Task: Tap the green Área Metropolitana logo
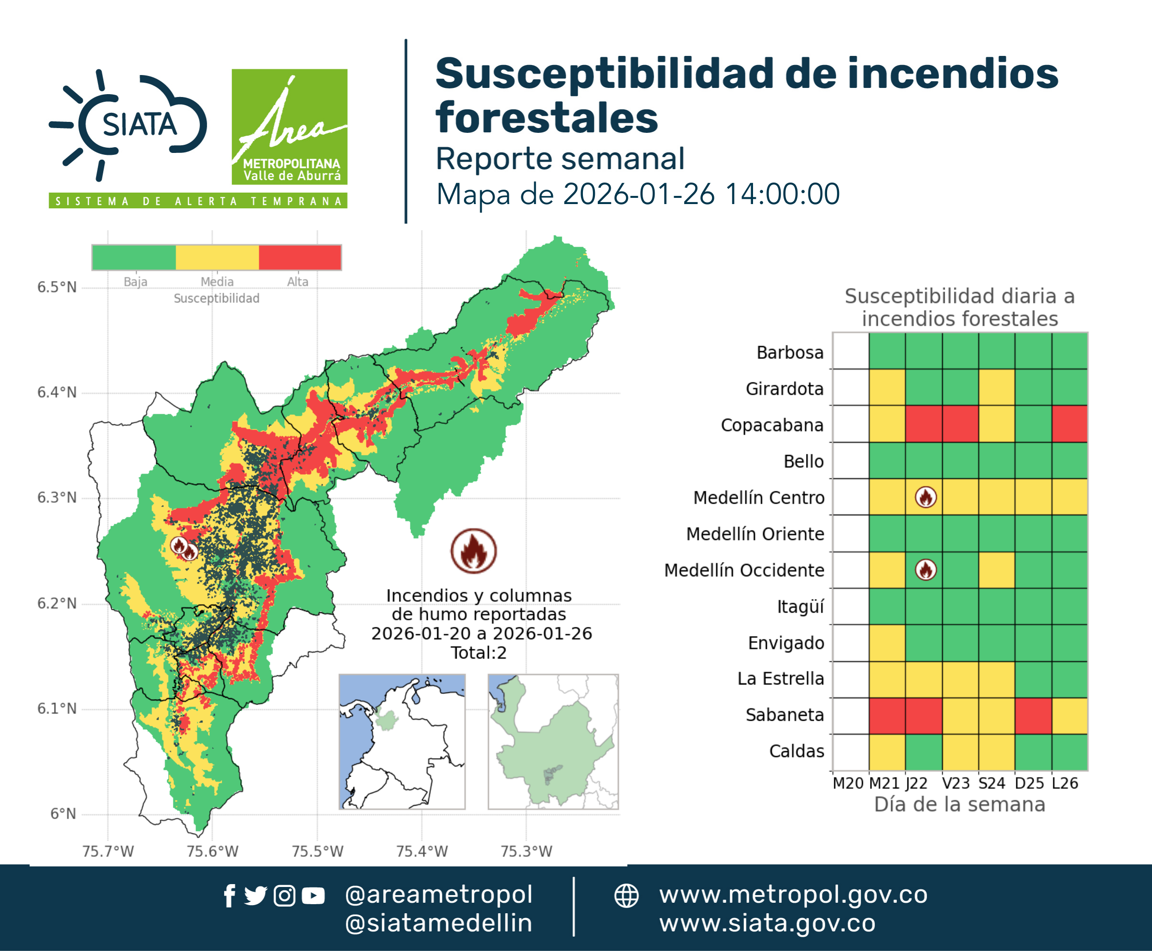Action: click(x=289, y=127)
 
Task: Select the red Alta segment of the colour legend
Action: click(x=300, y=258)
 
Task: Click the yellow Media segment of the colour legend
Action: click(x=217, y=258)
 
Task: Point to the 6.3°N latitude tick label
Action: click(x=57, y=497)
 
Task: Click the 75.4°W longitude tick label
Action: click(x=422, y=851)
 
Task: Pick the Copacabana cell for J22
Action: click(x=924, y=424)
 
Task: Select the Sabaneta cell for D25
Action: click(x=1033, y=716)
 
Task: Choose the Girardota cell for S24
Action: click(x=996, y=387)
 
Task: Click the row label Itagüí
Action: click(x=800, y=607)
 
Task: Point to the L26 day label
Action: click(x=1065, y=783)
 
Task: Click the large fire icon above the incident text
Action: click(x=474, y=551)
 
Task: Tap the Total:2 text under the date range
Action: click(x=479, y=653)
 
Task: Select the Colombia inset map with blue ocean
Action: click(x=402, y=742)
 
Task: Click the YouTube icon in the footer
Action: click(x=313, y=896)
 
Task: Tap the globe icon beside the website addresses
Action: click(x=626, y=896)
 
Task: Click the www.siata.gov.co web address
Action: click(x=767, y=924)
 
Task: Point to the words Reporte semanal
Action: click(x=560, y=158)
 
